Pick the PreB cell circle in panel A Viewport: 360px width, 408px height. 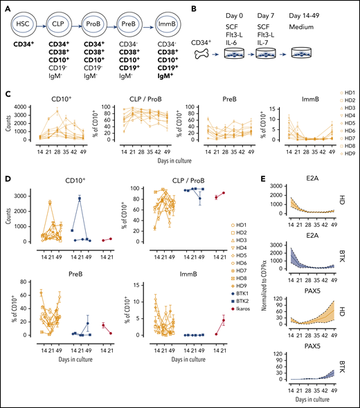pos(133,21)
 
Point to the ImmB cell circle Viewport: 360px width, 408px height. pos(172,21)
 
